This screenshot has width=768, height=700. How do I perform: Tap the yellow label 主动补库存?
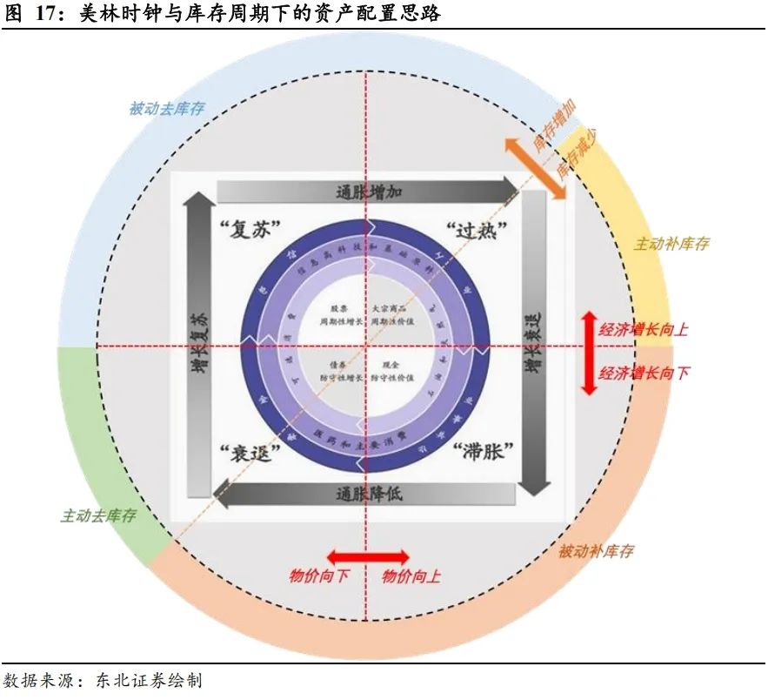click(x=671, y=244)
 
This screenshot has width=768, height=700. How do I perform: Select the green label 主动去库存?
click(x=98, y=515)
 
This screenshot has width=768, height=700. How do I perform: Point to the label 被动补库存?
click(x=596, y=551)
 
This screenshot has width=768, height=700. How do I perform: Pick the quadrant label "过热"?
click(x=477, y=231)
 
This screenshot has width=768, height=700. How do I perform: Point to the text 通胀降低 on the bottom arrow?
click(x=368, y=494)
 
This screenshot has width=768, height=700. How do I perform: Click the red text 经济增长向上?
click(x=644, y=329)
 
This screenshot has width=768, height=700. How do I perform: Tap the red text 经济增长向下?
click(x=644, y=373)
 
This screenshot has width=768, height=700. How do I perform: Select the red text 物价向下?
click(x=319, y=575)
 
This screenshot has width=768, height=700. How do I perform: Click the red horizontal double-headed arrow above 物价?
click(x=367, y=556)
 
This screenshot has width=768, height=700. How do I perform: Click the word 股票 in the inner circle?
click(x=339, y=309)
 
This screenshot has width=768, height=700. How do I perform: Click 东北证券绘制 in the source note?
click(x=146, y=680)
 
